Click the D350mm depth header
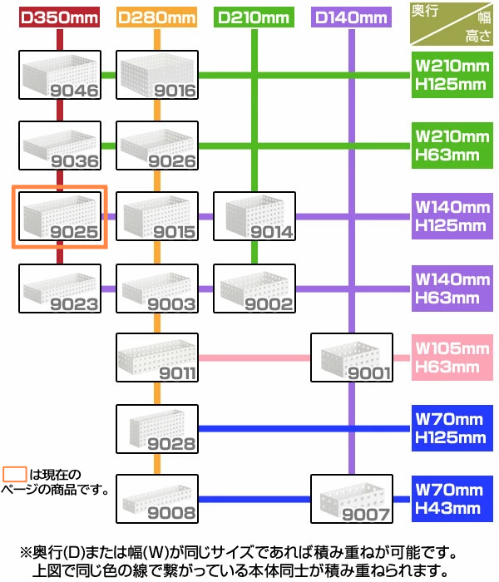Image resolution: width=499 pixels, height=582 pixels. [60, 17]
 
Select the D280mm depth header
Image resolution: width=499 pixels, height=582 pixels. [156, 17]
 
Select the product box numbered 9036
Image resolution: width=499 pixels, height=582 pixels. [60, 146]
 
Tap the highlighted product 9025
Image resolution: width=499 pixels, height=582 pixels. [60, 217]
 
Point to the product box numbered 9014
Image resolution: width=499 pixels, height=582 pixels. [254, 217]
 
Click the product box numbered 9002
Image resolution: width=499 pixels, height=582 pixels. [254, 288]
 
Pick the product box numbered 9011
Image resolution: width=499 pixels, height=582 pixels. [157, 358]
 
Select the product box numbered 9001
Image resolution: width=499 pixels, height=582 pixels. [352, 358]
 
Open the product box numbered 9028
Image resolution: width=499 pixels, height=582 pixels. [157, 429]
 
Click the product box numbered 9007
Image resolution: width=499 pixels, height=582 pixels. [352, 499]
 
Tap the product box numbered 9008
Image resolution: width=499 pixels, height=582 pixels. [157, 499]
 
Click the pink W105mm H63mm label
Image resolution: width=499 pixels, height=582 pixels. [452, 358]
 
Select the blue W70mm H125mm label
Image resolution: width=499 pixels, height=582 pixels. [452, 429]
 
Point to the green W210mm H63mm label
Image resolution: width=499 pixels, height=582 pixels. [452, 146]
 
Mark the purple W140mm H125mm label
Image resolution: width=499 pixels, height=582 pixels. [452, 217]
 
